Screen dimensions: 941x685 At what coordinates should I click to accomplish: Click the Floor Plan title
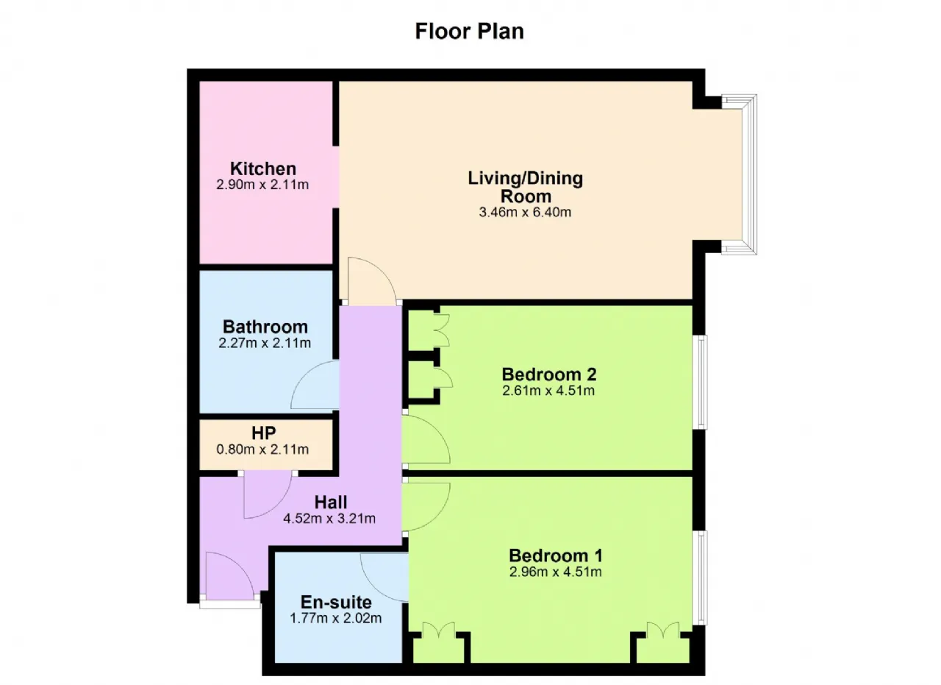[x=469, y=31]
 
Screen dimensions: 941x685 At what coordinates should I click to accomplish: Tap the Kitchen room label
[x=263, y=168]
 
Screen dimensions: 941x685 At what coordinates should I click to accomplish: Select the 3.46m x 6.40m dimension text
[x=525, y=212]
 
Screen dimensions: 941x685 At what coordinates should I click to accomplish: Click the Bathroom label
[x=265, y=327]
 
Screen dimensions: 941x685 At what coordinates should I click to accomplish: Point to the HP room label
[x=263, y=433]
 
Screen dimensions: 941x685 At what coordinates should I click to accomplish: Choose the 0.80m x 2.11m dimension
[x=262, y=450]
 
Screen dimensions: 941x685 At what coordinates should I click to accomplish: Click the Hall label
[x=331, y=502]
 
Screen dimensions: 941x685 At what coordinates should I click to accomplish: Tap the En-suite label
[x=336, y=603]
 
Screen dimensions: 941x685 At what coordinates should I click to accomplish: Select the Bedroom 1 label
[x=556, y=556]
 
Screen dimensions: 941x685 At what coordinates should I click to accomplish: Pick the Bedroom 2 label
[x=549, y=374]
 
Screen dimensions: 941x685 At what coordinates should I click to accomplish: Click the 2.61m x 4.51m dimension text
[x=548, y=391]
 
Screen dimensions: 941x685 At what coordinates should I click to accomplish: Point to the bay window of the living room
[x=740, y=174]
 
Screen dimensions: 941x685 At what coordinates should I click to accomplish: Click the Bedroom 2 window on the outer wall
[x=702, y=382]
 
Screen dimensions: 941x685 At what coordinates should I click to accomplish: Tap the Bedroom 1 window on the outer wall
[x=702, y=578]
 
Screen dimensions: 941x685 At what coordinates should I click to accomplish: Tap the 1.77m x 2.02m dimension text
[x=336, y=619]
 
